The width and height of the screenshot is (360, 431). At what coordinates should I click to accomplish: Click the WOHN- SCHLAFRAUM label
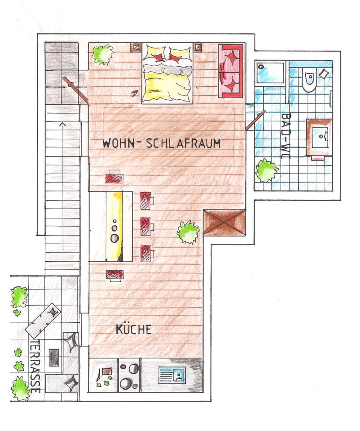click(161, 143)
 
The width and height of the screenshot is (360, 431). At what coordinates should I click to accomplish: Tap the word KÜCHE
click(133, 329)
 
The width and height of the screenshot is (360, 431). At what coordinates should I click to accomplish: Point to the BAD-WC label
click(286, 136)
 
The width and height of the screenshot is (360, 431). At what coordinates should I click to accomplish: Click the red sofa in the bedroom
click(231, 71)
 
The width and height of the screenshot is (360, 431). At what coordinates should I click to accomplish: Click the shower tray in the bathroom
click(270, 73)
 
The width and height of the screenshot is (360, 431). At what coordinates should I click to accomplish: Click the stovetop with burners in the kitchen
click(129, 375)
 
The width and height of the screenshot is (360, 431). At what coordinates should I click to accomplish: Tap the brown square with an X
click(224, 222)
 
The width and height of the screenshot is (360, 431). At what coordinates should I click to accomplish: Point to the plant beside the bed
click(102, 55)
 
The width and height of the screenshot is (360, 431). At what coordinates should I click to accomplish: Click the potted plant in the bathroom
click(266, 171)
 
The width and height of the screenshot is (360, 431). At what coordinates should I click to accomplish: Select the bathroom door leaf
click(255, 120)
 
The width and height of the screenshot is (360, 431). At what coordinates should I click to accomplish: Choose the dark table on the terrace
click(54, 358)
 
